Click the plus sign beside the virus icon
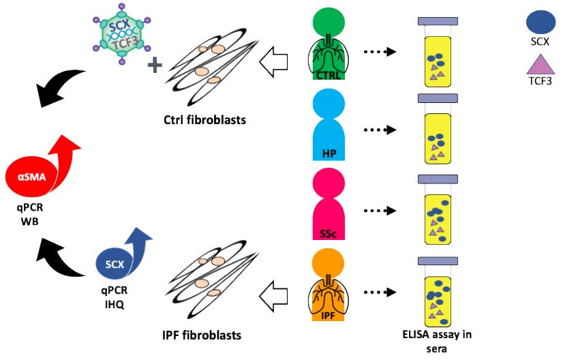click(x=156, y=65)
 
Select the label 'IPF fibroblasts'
click(x=202, y=335)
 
